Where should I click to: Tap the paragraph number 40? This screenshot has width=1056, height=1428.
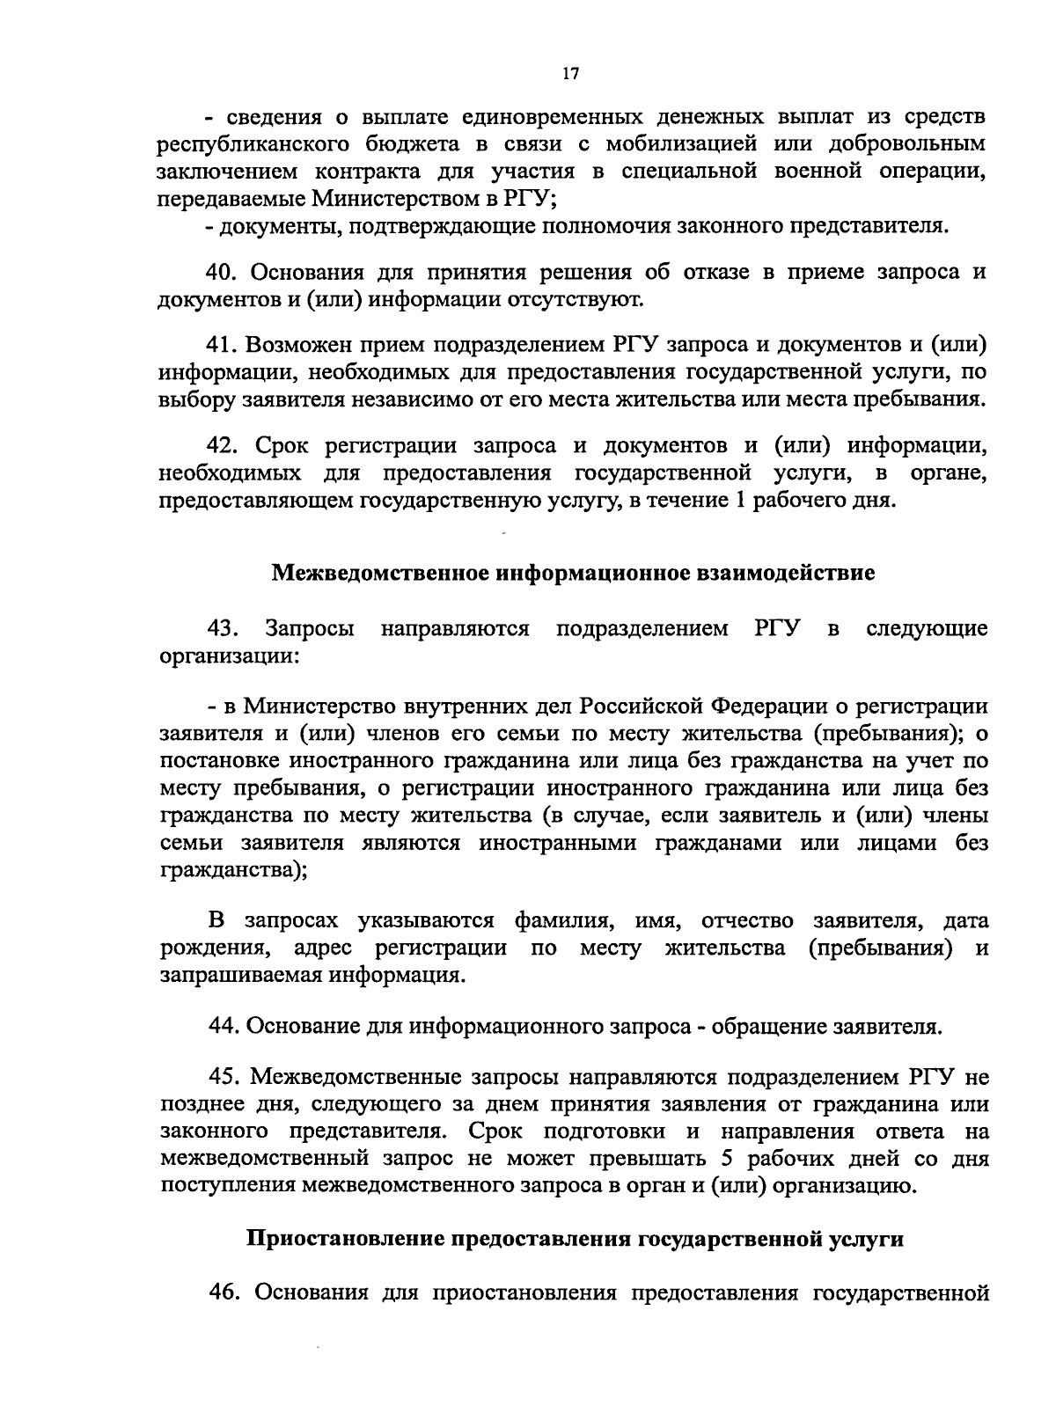tap(227, 273)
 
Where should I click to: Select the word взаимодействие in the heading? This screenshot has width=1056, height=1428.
tap(775, 574)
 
